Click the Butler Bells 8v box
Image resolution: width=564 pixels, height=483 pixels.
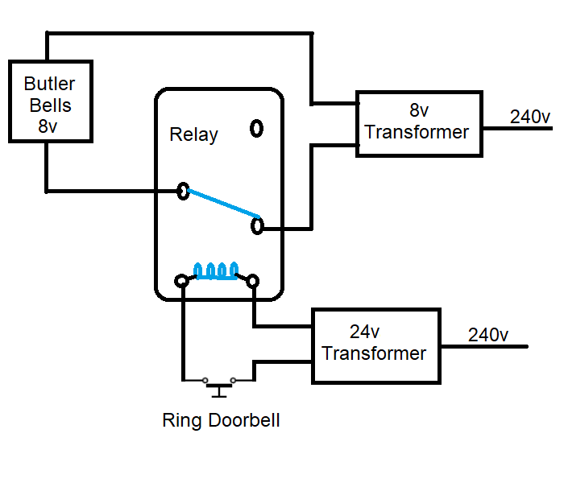pyautogui.click(x=49, y=101)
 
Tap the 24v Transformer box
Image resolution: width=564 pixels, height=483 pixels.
pyautogui.click(x=376, y=345)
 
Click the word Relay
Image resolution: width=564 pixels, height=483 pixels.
pyautogui.click(x=193, y=134)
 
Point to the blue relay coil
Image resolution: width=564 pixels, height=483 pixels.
pyautogui.click(x=215, y=270)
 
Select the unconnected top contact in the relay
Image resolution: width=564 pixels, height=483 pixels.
pyautogui.click(x=257, y=128)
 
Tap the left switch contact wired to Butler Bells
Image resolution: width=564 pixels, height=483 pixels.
pyautogui.click(x=184, y=191)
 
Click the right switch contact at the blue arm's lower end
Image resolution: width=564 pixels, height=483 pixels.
pyautogui.click(x=257, y=226)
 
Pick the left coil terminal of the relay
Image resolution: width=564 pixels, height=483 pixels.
pyautogui.click(x=182, y=281)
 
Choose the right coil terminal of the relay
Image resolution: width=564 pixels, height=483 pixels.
pyautogui.click(x=253, y=281)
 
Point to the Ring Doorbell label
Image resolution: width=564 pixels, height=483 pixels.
pyautogui.click(x=221, y=420)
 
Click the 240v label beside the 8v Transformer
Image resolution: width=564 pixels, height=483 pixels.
pyautogui.click(x=531, y=117)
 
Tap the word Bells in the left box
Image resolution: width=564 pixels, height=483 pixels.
pyautogui.click(x=49, y=105)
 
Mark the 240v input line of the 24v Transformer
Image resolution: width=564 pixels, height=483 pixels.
pyautogui.click(x=483, y=347)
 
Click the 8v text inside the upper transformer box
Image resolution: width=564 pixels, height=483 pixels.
pyautogui.click(x=418, y=111)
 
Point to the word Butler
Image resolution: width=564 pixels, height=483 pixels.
pyautogui.click(x=49, y=84)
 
